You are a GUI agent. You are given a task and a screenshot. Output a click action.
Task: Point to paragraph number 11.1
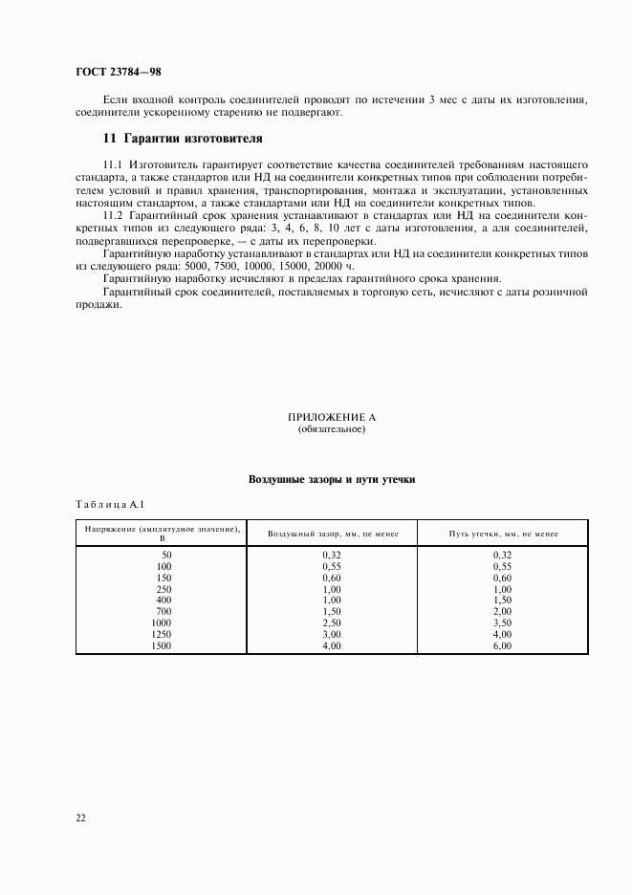point(113,164)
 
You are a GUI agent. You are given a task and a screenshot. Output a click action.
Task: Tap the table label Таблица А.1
point(109,504)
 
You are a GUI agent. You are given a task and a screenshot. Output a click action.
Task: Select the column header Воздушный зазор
point(332,535)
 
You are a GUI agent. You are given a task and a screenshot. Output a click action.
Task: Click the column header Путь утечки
point(503,535)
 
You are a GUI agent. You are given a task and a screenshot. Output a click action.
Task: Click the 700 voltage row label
point(163,611)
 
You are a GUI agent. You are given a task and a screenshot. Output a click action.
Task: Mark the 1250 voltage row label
point(161,634)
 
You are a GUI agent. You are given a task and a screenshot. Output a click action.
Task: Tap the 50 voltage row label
point(165,555)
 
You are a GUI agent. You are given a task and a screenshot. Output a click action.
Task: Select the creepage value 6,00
point(502,645)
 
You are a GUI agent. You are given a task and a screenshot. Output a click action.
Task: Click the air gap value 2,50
point(331,622)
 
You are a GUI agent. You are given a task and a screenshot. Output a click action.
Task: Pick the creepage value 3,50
point(502,622)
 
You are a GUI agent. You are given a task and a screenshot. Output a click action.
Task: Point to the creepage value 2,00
point(502,611)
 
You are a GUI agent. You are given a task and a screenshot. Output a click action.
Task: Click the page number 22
point(81,818)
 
